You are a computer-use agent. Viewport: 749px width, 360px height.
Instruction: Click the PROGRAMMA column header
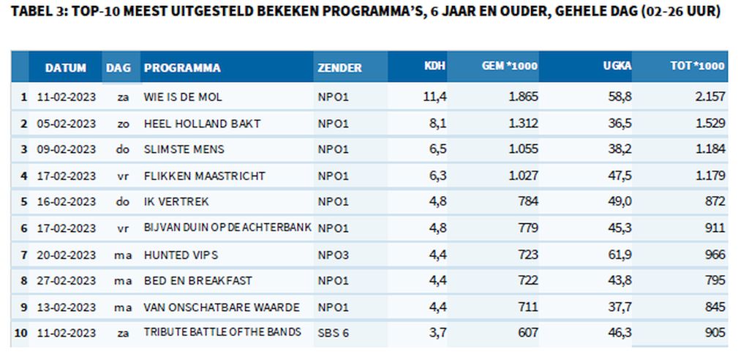[182, 68]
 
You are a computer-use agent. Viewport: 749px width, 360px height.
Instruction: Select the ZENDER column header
[339, 68]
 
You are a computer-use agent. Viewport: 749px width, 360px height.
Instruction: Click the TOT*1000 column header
[697, 67]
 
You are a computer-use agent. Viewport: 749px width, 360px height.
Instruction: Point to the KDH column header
[434, 67]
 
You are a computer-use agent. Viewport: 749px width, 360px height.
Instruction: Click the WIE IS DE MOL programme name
[183, 97]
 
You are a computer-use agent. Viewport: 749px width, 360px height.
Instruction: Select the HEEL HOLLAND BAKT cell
[202, 123]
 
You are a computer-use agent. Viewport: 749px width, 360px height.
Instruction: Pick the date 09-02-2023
[66, 149]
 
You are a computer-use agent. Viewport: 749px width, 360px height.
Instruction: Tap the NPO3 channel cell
[333, 255]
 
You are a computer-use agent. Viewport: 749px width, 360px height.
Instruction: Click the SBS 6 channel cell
[333, 333]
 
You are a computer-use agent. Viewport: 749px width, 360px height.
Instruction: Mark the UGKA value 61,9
[620, 255]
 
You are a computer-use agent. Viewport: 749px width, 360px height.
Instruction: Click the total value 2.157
[710, 97]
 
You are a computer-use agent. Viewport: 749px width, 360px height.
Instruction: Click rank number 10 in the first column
[21, 333]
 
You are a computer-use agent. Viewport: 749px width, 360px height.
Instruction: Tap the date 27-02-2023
[66, 281]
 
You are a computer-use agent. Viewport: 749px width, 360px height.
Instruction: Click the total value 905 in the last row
[715, 333]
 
